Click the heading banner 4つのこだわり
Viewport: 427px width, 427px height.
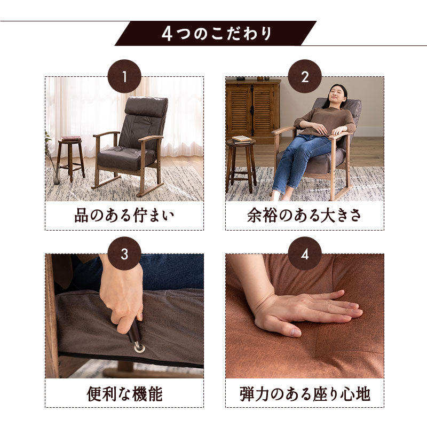pyautogui.click(x=216, y=34)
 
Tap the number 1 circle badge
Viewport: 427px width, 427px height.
pyautogui.click(x=124, y=76)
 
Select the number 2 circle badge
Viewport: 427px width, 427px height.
pyautogui.click(x=305, y=76)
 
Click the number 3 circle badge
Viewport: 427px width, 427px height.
pyautogui.click(x=124, y=254)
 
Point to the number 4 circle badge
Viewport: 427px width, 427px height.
pyautogui.click(x=305, y=254)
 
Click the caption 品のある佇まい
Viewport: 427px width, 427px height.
pyautogui.click(x=124, y=216)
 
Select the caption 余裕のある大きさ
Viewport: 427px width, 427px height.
pyautogui.click(x=304, y=216)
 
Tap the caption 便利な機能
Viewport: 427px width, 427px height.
pyautogui.click(x=124, y=394)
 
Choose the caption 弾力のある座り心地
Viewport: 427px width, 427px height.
pyautogui.click(x=304, y=394)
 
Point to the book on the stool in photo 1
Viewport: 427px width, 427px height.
pyautogui.click(x=71, y=138)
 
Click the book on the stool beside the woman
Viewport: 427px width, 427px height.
pyautogui.click(x=241, y=139)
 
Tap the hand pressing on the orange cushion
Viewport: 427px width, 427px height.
pyautogui.click(x=302, y=312)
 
